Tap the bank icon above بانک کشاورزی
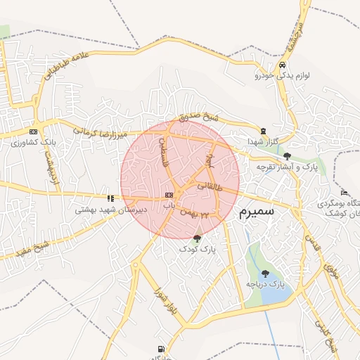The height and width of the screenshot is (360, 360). click(x=32, y=131)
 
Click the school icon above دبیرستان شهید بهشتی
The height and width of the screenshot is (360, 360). click(x=110, y=198)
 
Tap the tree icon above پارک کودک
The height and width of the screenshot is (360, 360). click(x=196, y=239)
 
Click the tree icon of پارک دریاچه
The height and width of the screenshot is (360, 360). click(x=265, y=273)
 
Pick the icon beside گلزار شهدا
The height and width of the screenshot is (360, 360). click(x=263, y=131)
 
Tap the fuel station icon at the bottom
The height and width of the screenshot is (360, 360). click(x=163, y=349)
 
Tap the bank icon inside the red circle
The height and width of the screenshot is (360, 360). click(x=168, y=195)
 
